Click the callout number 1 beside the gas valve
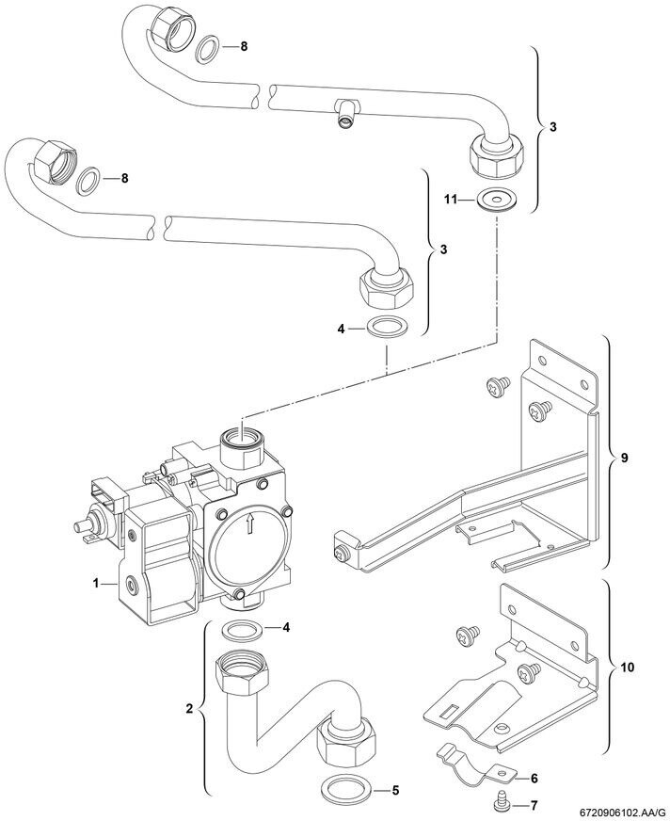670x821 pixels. [96, 583]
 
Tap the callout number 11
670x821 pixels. [451, 200]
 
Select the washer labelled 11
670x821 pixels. [496, 201]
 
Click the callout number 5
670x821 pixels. [395, 789]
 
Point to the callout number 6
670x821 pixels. [534, 779]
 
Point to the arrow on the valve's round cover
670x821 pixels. [249, 523]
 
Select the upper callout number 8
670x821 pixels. [244, 46]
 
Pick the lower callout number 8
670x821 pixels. [124, 179]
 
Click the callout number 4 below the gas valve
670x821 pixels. [286, 627]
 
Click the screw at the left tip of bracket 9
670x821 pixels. [341, 552]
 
